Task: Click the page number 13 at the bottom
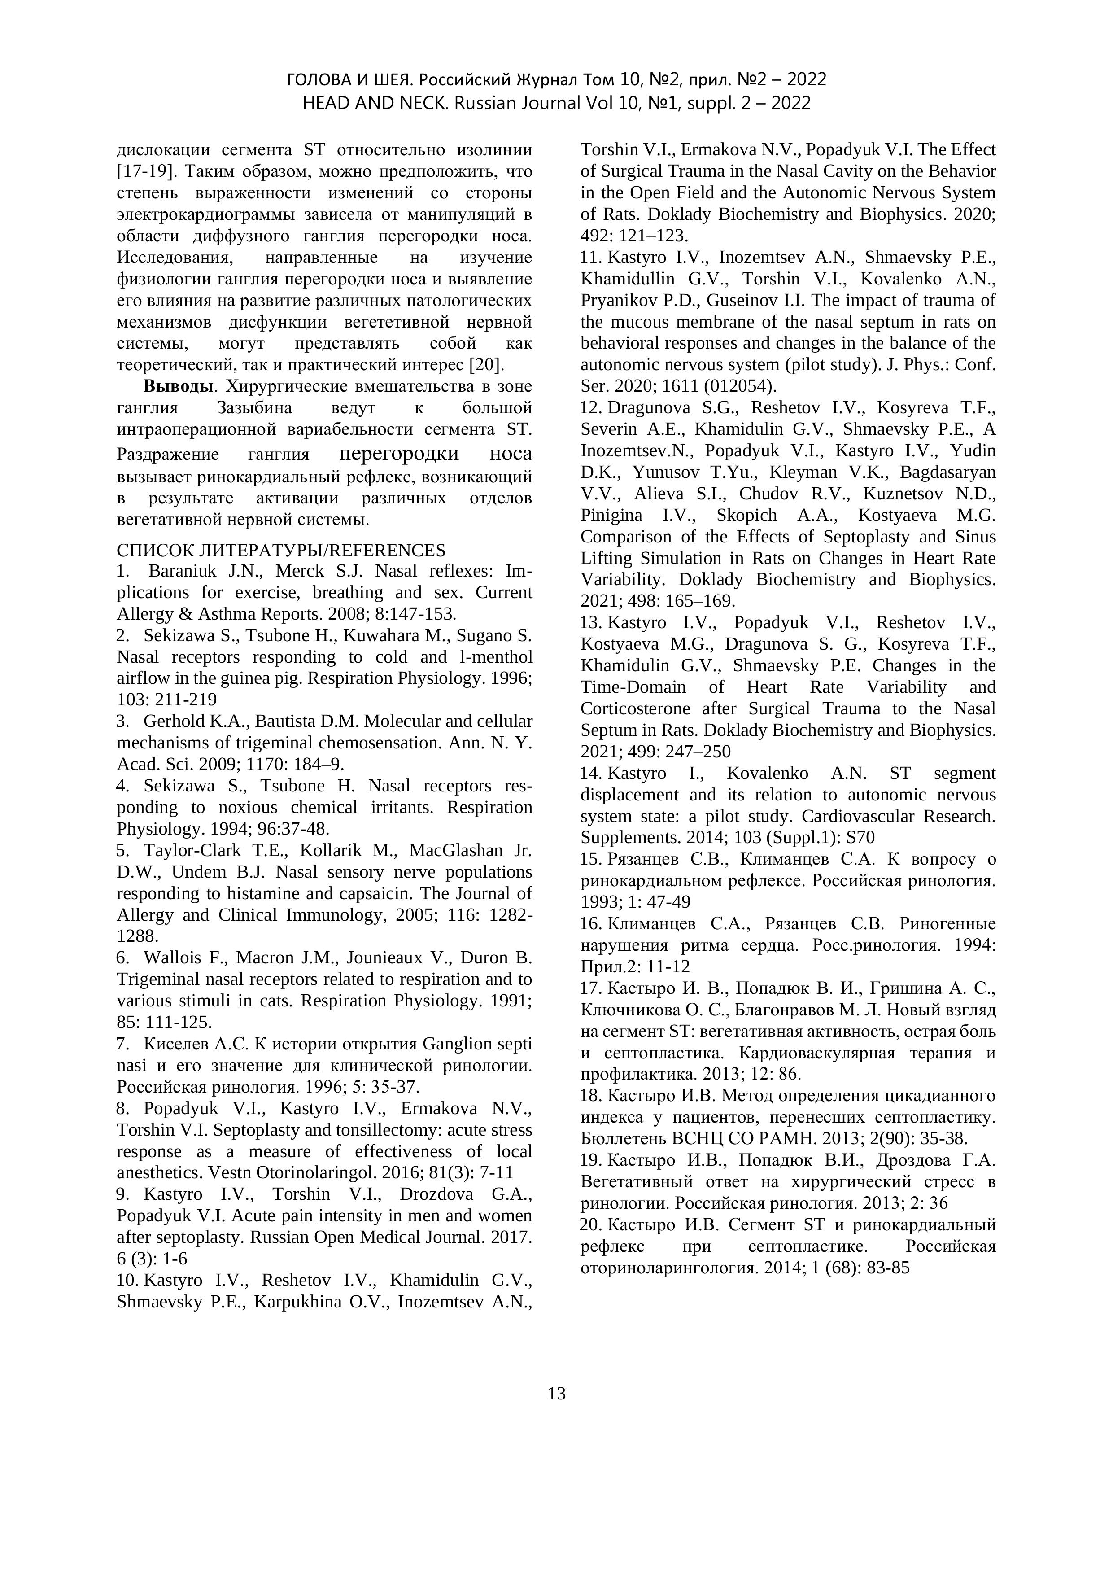pyautogui.click(x=556, y=1394)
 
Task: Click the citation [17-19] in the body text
pyautogui.click(x=143, y=171)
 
